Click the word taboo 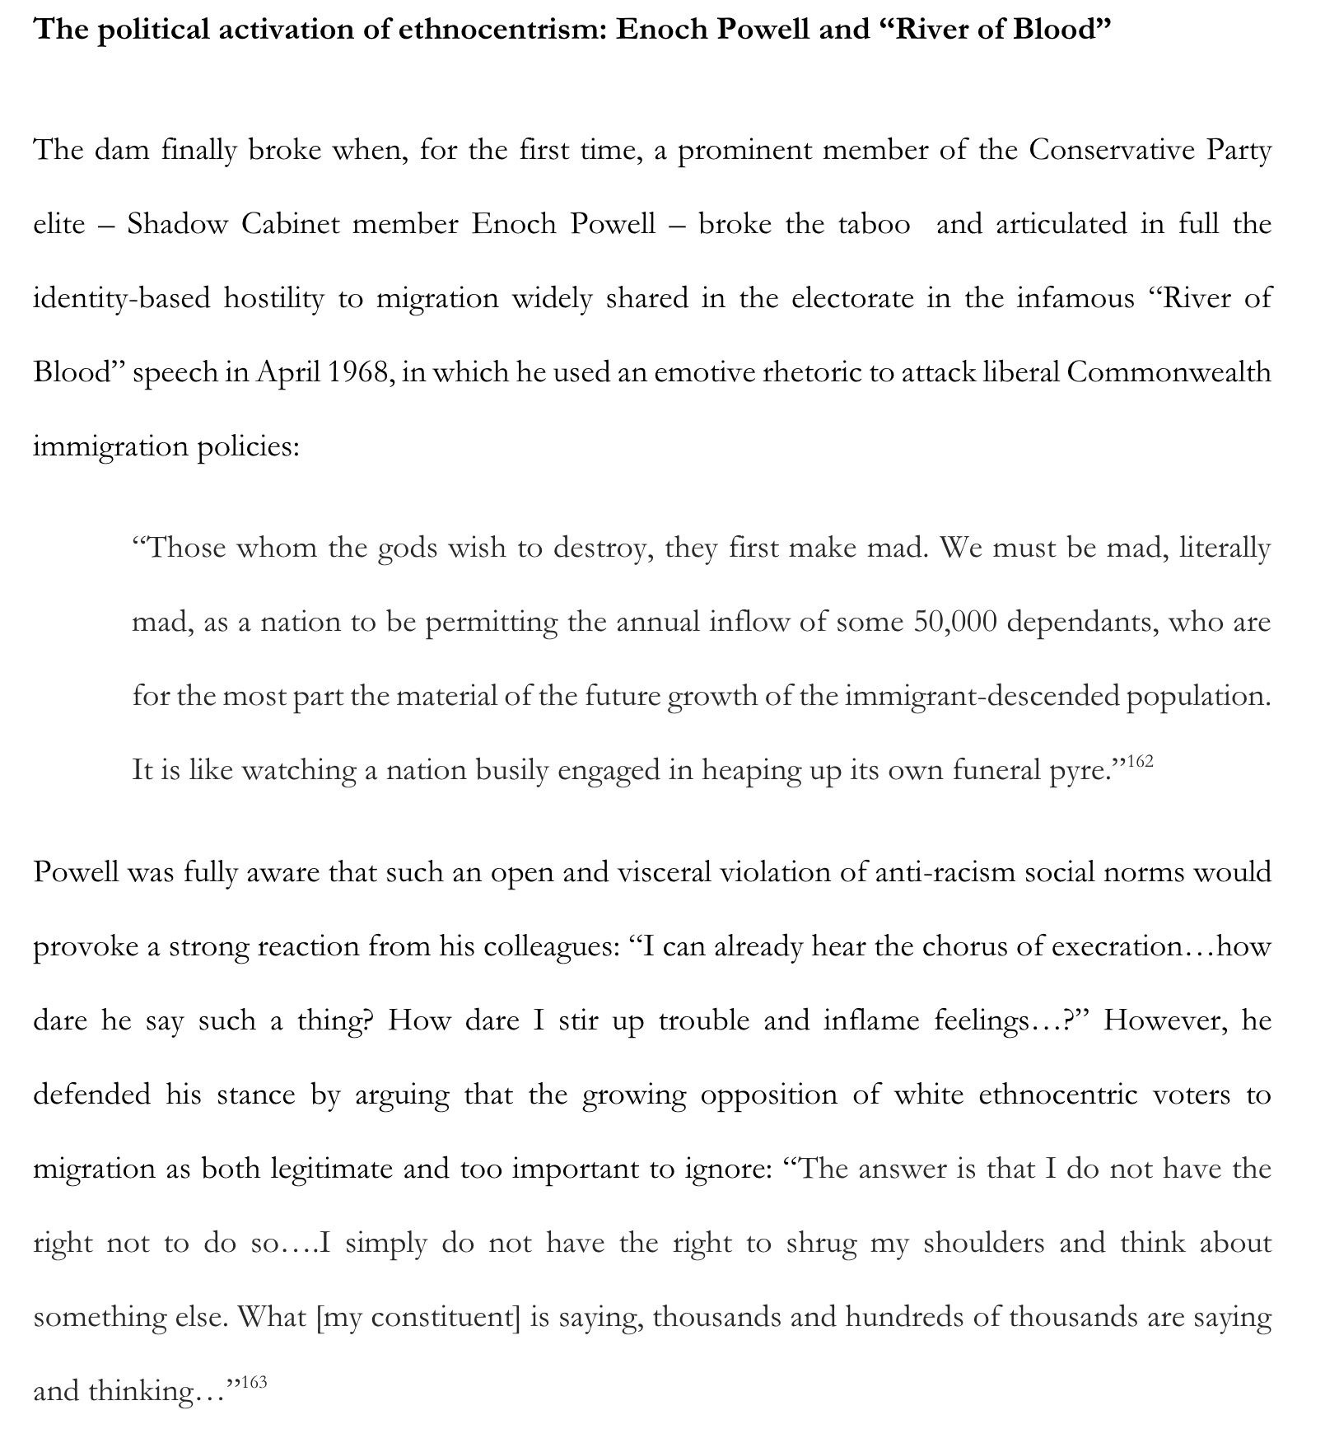coord(874,224)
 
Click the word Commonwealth coord(1169,372)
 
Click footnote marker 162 coord(1140,761)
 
